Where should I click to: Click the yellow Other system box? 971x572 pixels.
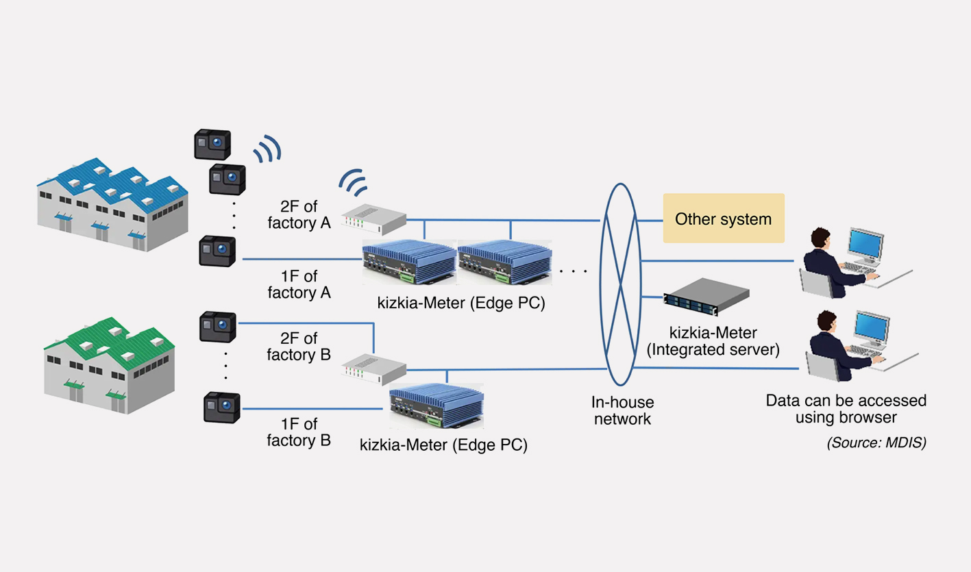(723, 219)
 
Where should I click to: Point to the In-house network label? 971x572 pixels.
(622, 410)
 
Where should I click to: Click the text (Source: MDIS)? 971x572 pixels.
(876, 443)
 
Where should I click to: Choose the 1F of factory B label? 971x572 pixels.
(299, 432)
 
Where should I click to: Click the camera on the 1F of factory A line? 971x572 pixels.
(217, 251)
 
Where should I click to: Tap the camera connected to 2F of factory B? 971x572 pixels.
(217, 326)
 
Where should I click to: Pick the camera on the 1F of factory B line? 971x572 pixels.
(221, 407)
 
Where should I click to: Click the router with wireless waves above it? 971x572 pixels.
(373, 218)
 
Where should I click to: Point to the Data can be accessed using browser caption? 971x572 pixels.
(846, 408)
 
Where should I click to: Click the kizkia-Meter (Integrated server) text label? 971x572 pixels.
(713, 341)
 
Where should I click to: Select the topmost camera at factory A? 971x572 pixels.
(212, 144)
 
